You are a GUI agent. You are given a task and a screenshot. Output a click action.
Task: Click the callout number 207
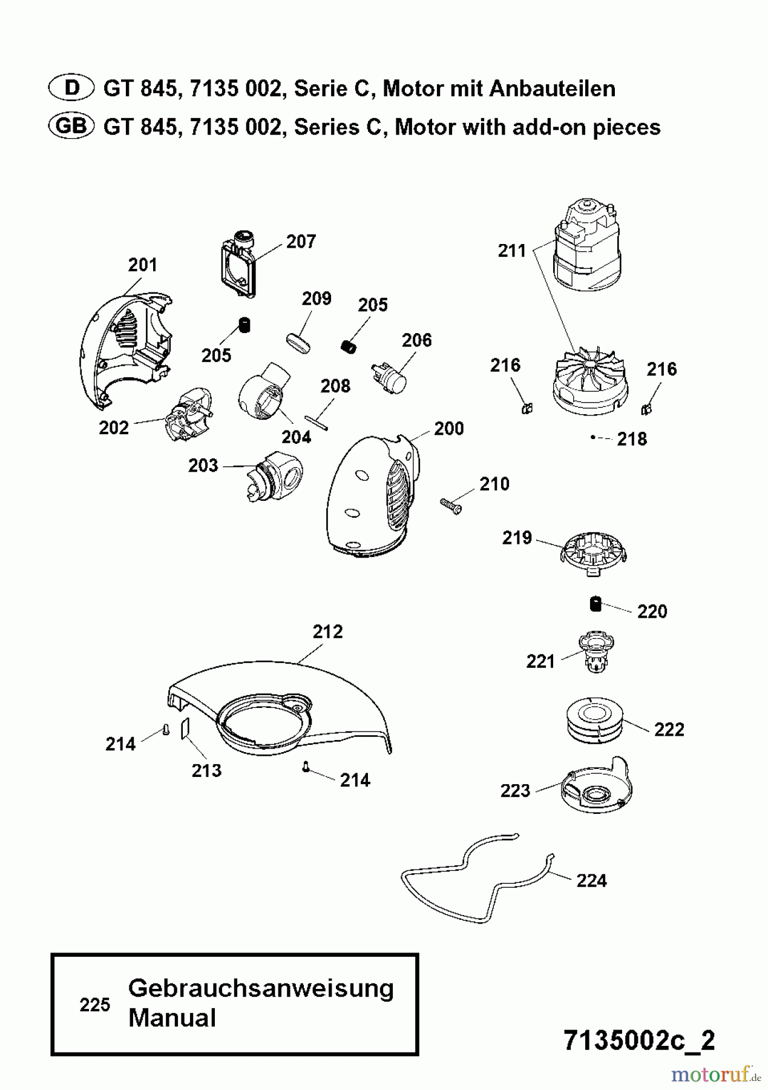[x=301, y=242]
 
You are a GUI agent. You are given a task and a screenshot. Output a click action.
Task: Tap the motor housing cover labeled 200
[x=369, y=497]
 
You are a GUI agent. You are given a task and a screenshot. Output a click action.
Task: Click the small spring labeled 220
[x=596, y=604]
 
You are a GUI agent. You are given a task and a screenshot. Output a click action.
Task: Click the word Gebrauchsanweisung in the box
[x=261, y=989]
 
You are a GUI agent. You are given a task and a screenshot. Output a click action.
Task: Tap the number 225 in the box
[x=95, y=1005]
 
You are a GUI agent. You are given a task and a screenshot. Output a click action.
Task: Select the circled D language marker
[x=71, y=88]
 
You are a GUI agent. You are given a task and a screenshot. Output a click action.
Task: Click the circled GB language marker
[x=71, y=127]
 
